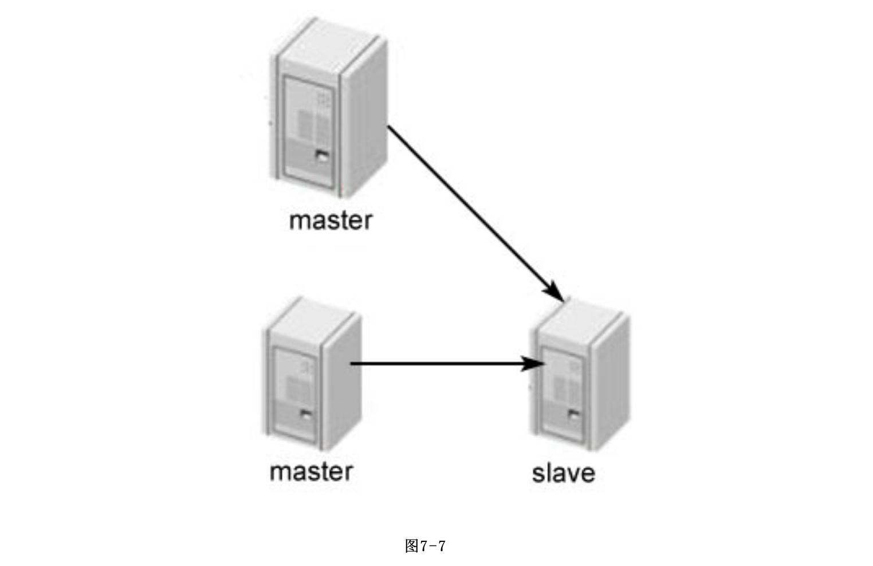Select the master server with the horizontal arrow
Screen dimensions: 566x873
pos(311,375)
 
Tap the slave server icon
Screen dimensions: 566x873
pos(580,378)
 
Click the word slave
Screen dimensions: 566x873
pos(563,474)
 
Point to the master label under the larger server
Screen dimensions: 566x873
pos(331,221)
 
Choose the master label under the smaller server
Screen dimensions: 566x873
pos(311,471)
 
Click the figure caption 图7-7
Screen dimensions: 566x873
pos(424,546)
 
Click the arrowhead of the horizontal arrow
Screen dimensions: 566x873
pos(534,363)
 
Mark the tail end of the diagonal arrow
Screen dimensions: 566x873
pos(390,127)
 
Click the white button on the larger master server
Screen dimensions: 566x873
pos(322,156)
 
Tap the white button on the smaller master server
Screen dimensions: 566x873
pos(306,416)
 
